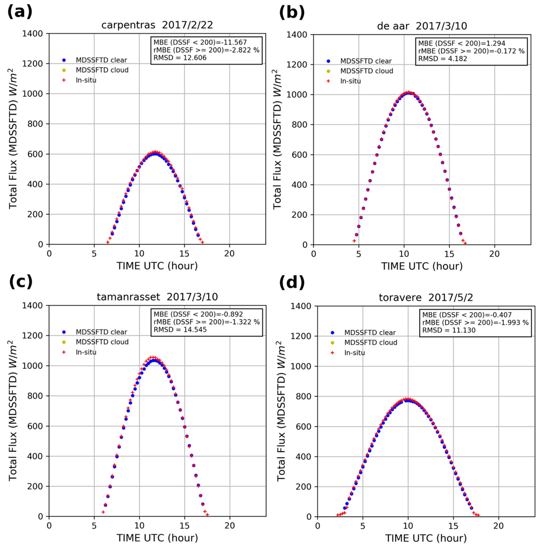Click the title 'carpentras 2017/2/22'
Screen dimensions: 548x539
(x=157, y=25)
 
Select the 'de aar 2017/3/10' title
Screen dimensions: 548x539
(x=422, y=26)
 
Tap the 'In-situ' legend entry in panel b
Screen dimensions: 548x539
(x=351, y=81)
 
